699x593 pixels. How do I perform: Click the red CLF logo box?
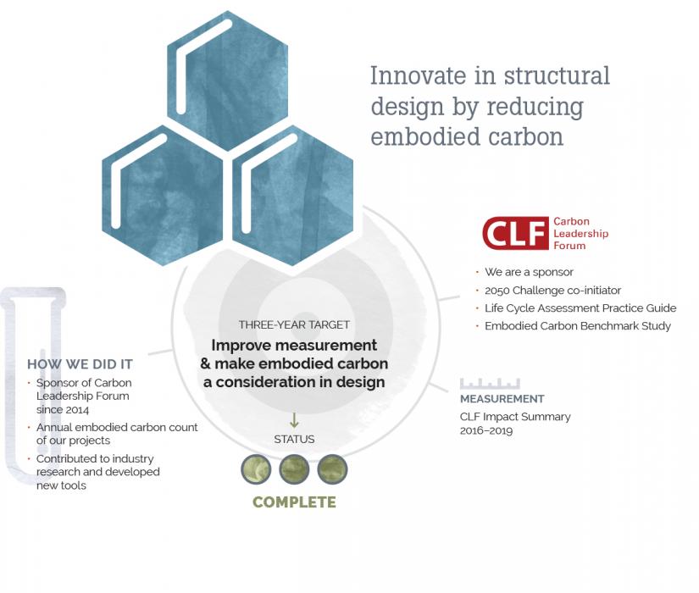[x=515, y=233]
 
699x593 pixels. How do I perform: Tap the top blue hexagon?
[x=228, y=80]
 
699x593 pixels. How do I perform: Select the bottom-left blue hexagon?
[x=163, y=196]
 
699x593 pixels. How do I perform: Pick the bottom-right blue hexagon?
[x=293, y=196]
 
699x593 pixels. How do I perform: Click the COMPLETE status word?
[x=294, y=502]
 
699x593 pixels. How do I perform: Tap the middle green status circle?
[x=294, y=469]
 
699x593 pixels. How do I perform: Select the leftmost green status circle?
[x=256, y=469]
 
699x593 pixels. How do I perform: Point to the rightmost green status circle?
[x=332, y=469]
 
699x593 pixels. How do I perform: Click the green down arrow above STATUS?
[x=294, y=420]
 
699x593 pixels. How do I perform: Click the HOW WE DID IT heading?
[x=80, y=364]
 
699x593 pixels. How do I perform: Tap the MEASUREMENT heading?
[x=502, y=399]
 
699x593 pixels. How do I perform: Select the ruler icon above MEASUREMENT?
[x=490, y=384]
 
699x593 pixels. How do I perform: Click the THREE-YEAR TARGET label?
[x=294, y=324]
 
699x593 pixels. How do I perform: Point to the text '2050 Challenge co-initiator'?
[x=552, y=291]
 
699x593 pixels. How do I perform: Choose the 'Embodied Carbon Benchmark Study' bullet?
[x=578, y=326]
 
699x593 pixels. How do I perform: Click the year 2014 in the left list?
[x=76, y=410]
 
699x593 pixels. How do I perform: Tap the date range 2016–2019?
[x=486, y=430]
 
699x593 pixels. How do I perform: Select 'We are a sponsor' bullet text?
[x=530, y=272]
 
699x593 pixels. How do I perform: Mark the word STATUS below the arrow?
[x=294, y=439]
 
